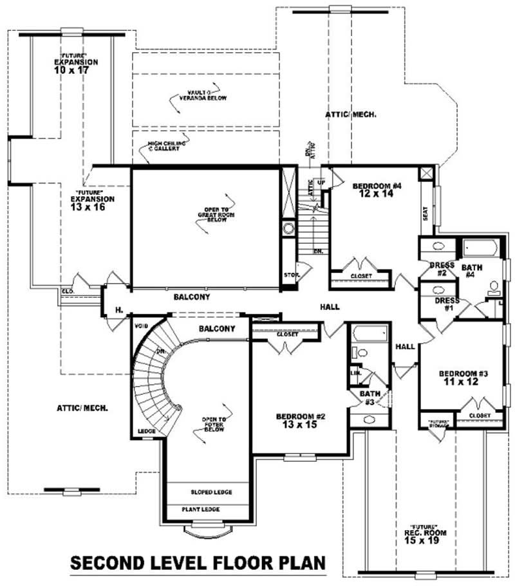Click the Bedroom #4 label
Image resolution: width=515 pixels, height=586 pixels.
[377, 190]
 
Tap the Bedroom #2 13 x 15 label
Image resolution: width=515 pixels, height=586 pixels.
[301, 420]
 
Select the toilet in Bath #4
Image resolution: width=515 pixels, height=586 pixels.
[494, 288]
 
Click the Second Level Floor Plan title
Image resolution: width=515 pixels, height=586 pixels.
[198, 563]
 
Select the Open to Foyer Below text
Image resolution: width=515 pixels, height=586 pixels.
[214, 425]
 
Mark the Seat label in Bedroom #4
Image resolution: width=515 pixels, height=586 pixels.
[426, 213]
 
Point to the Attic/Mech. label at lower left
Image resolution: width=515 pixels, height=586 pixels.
[82, 408]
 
